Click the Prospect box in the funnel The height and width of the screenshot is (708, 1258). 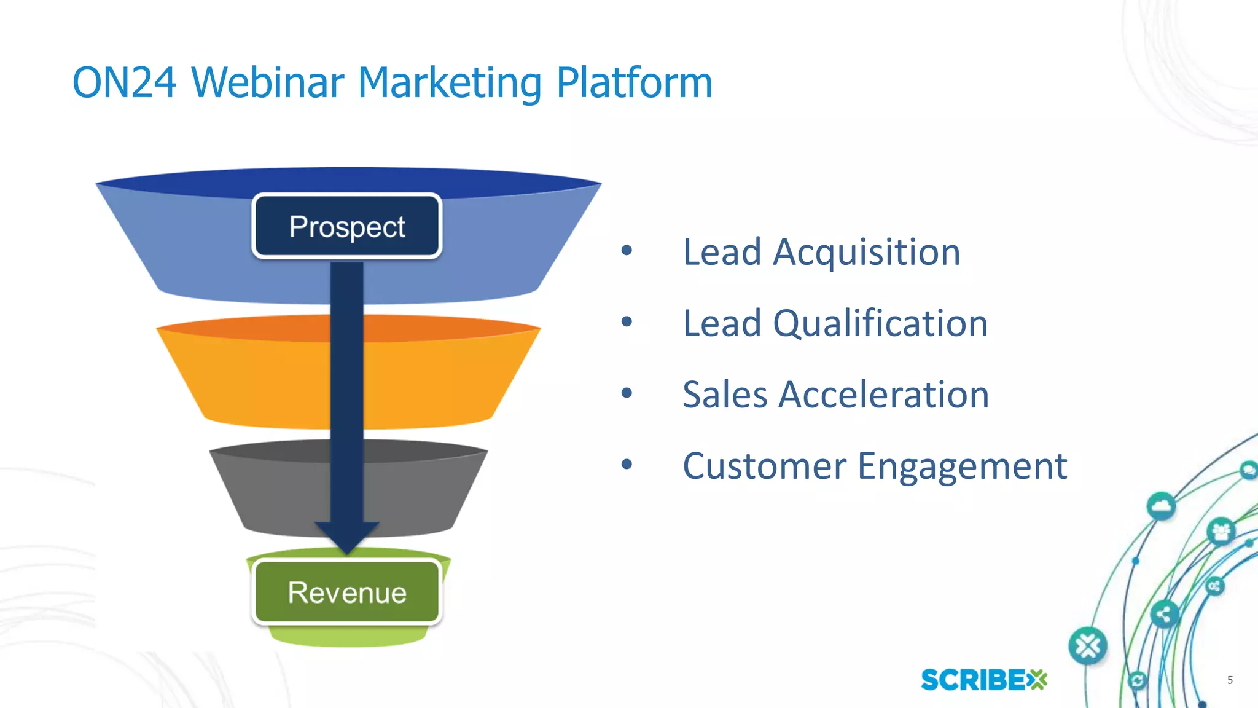(x=347, y=226)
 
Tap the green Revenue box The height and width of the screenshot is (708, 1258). (x=347, y=592)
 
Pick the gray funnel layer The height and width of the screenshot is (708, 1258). (x=276, y=492)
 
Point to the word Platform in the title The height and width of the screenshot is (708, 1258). (x=634, y=82)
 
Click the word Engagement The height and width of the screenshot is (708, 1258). (x=962, y=466)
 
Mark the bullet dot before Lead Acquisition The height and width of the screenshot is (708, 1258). (x=627, y=250)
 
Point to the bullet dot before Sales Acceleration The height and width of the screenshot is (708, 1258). (x=627, y=393)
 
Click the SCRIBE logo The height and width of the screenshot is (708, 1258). (x=983, y=680)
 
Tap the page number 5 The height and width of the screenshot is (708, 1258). (x=1230, y=680)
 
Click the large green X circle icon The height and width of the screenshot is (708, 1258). (x=1088, y=646)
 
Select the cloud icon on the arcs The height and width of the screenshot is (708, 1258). (x=1161, y=506)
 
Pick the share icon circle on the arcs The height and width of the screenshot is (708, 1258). (x=1164, y=613)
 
